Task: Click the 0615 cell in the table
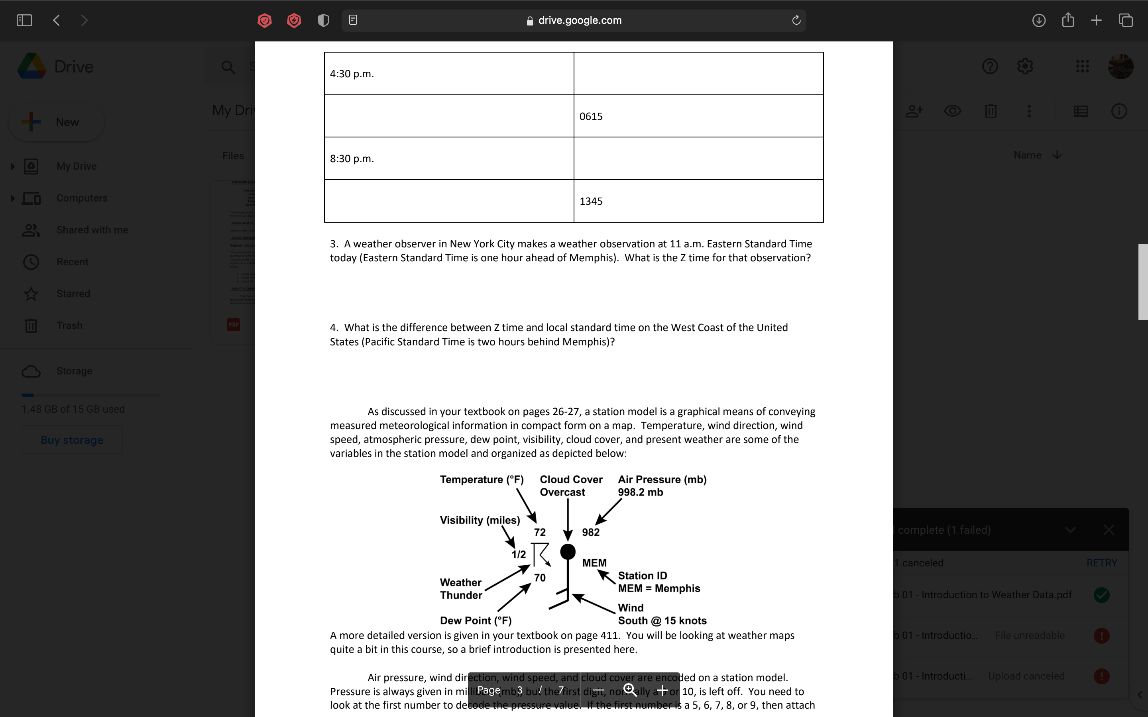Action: coord(591,116)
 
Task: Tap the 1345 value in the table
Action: coord(591,201)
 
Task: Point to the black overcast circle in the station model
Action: coord(568,552)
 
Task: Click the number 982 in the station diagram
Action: coord(591,532)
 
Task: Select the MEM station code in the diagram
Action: coord(594,563)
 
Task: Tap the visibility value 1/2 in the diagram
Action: coord(519,554)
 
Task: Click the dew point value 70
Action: coord(540,578)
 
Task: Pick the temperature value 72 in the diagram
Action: coord(540,532)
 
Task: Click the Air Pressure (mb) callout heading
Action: coord(662,480)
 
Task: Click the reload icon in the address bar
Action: coord(796,20)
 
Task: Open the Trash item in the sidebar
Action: coord(69,326)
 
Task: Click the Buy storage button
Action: coord(72,440)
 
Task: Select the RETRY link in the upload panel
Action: coord(1101,563)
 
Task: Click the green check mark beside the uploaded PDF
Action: coord(1101,595)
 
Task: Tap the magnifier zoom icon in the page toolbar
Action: coord(630,690)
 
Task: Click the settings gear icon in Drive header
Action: coord(1025,67)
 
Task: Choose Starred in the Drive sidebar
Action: coord(73,294)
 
